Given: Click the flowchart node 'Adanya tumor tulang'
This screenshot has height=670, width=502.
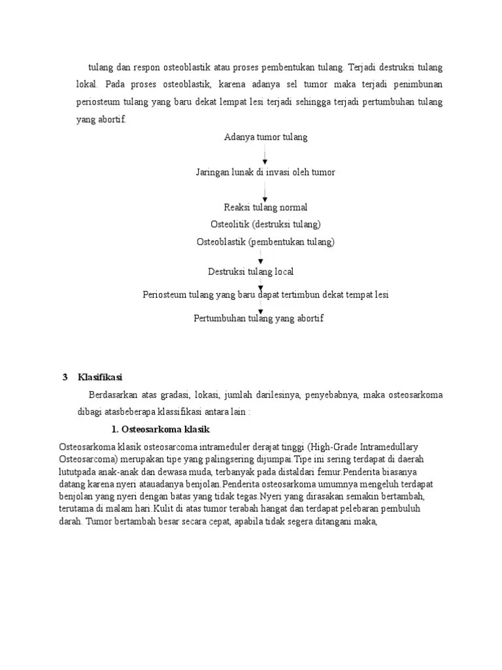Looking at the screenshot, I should [265, 137].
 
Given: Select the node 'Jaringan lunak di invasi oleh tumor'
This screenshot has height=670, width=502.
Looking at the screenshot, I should [265, 172].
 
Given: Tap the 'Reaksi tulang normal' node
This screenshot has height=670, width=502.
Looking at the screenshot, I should [265, 207].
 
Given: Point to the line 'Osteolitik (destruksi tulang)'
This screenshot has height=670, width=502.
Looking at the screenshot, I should [265, 224].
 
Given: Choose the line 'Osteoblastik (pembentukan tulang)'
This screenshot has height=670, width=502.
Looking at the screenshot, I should [265, 242].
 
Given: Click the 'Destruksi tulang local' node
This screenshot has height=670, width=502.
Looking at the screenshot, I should [251, 272].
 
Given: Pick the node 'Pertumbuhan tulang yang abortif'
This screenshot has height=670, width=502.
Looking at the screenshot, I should [259, 319].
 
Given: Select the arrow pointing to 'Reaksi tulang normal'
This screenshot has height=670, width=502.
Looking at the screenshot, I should [265, 191].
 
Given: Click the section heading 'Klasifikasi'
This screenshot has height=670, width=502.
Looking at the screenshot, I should [101, 378].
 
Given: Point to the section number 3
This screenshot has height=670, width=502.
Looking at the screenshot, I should [65, 378].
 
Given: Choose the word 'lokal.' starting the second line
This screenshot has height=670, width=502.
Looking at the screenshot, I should [88, 84].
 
